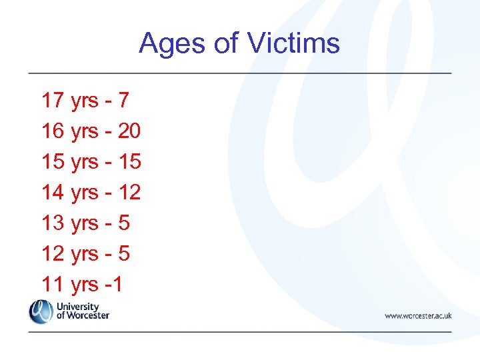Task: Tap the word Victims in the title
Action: pyautogui.click(x=294, y=44)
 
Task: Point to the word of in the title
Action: pyautogui.click(x=226, y=44)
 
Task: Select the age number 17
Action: pyautogui.click(x=53, y=101)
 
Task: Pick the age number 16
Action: pyautogui.click(x=53, y=131)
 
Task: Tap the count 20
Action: pyautogui.click(x=129, y=131)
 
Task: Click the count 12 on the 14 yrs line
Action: pyautogui.click(x=129, y=193)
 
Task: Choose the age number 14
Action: pyautogui.click(x=53, y=193)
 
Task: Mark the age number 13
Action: pyautogui.click(x=53, y=223)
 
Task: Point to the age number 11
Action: pyautogui.click(x=53, y=285)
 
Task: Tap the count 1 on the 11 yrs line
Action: pyautogui.click(x=117, y=285)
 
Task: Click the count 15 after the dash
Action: pyautogui.click(x=129, y=162)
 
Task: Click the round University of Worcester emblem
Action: pyautogui.click(x=41, y=311)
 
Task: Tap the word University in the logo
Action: pyautogui.click(x=78, y=307)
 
